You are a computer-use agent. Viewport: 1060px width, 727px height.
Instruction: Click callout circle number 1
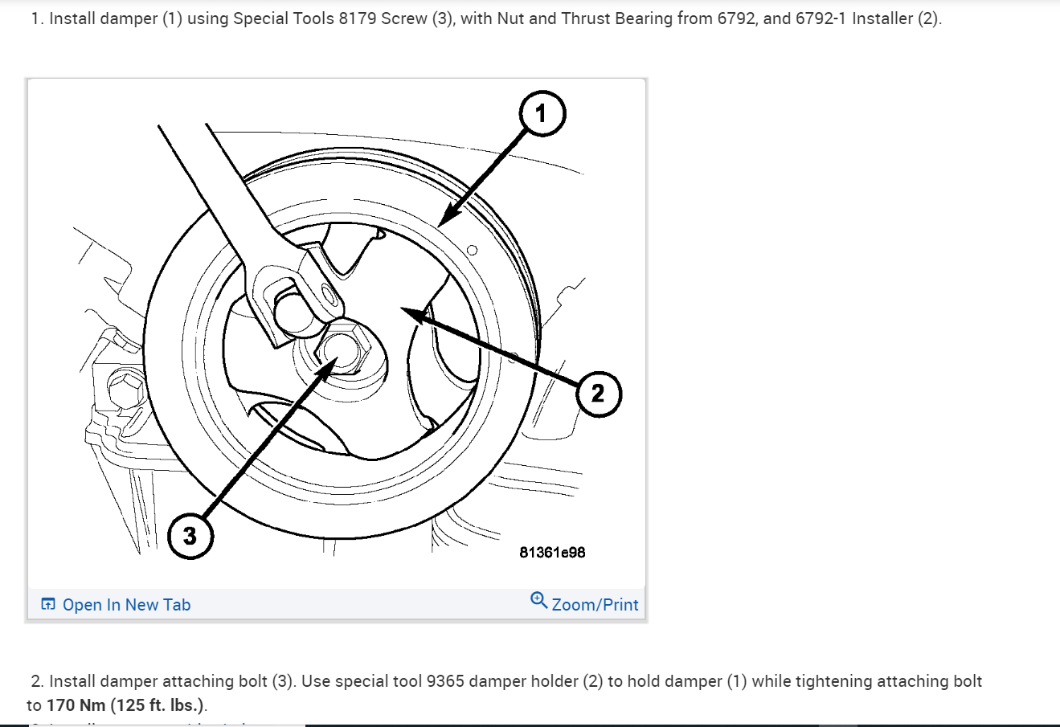(542, 114)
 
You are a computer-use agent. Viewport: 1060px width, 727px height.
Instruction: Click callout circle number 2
(598, 394)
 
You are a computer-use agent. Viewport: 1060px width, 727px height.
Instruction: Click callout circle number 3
(190, 536)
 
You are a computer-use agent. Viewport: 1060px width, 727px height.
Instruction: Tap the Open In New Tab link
(126, 605)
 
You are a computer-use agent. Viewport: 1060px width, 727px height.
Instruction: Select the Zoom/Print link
(595, 605)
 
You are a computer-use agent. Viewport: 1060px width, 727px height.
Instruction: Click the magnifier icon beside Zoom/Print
(538, 600)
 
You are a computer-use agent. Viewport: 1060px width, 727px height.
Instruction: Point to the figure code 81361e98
(552, 553)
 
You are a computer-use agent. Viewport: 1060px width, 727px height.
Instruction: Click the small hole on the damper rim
(472, 250)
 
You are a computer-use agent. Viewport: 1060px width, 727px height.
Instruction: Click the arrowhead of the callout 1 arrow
(444, 220)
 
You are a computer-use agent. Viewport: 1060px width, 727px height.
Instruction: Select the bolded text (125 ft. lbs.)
(158, 705)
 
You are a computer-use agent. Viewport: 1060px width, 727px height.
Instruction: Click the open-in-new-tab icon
(48, 605)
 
